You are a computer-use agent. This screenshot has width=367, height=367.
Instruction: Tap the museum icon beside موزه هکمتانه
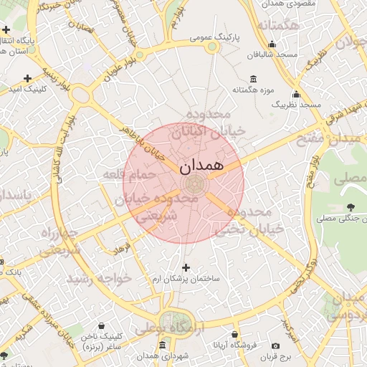coord(254,79)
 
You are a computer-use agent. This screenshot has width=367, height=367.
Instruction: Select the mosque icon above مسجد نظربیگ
coord(296,94)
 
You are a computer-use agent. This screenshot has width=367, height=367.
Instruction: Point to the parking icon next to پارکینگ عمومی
coord(212,47)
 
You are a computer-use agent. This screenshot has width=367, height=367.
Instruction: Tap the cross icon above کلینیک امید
coord(27,77)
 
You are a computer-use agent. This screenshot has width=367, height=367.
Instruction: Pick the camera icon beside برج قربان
coord(276,346)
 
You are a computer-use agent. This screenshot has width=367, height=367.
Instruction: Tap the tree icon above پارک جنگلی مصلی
coord(350,207)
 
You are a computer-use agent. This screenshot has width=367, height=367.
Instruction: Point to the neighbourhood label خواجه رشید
coord(99,278)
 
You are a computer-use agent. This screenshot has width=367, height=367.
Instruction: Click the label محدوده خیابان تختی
coord(251,221)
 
